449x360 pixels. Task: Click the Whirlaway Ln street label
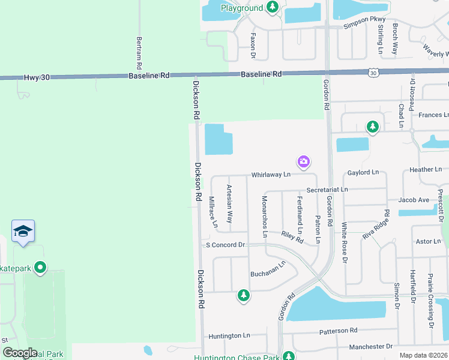271,174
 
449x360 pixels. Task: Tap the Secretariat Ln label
327,190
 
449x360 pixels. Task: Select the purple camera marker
304,161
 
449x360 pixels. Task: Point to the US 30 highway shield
373,73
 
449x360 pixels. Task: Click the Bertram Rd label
139,52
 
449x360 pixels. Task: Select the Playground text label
242,8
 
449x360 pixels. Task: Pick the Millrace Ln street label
212,212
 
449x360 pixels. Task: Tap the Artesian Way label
229,204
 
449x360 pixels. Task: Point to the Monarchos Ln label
264,216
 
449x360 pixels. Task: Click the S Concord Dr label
226,245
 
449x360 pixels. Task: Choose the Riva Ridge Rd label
376,226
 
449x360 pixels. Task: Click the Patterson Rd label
338,330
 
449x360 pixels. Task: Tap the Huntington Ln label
229,336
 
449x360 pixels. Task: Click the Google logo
20,353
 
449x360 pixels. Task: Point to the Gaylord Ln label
363,173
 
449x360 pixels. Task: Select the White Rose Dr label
345,242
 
